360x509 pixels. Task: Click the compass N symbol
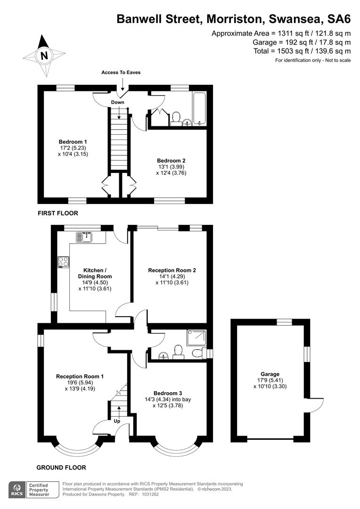pos(44,55)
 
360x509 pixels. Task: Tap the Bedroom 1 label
pos(73,142)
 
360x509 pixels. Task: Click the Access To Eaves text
pos(121,73)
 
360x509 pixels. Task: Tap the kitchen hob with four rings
pos(63,262)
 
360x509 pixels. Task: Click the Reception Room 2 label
pos(172,271)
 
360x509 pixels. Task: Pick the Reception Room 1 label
pos(80,376)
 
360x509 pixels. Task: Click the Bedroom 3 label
pos(167,393)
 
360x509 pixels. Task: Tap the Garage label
pos(270,374)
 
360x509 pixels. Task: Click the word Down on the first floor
pos(118,102)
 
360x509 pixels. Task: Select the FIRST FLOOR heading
pos(58,213)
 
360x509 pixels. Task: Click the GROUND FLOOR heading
pos(61,468)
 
